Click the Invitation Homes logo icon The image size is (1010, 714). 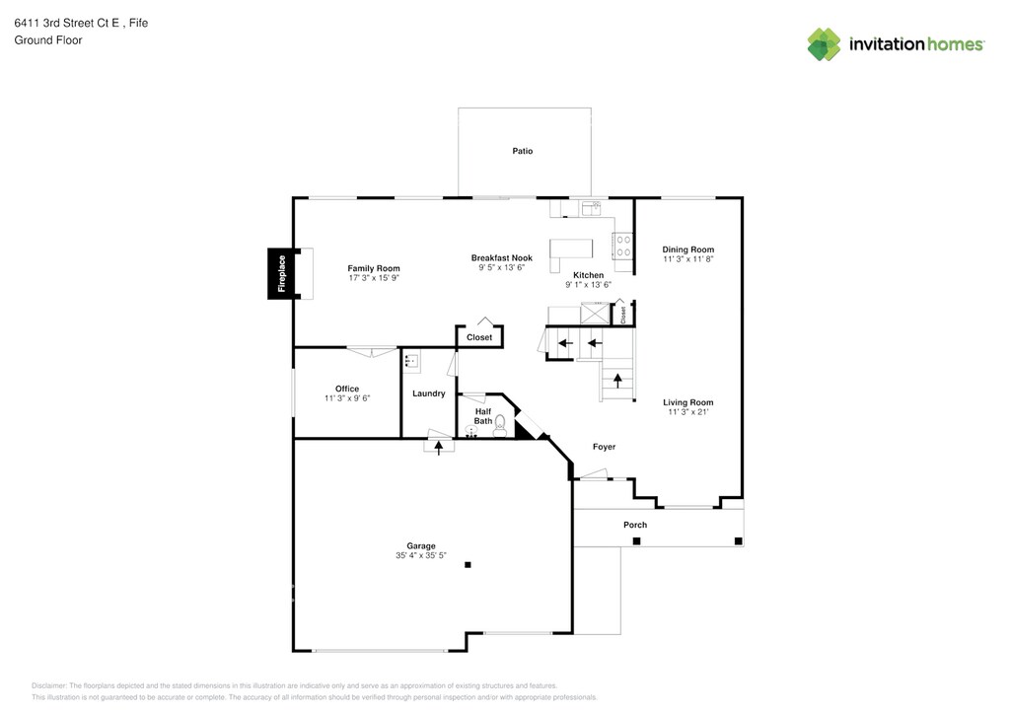point(824,43)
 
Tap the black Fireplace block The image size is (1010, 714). point(281,274)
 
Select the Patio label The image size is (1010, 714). point(522,151)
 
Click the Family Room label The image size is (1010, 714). point(374,268)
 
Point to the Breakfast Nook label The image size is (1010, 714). point(501,257)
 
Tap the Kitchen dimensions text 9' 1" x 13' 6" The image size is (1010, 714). point(588,285)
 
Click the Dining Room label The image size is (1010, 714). point(687,250)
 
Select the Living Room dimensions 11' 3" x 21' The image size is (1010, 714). point(687,412)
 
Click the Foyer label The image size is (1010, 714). point(604,447)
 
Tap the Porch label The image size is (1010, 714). point(635,525)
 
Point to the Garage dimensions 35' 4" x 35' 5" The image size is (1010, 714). point(421,556)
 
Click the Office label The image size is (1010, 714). point(346,389)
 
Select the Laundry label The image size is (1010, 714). point(429,393)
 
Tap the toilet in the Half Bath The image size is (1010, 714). point(500,427)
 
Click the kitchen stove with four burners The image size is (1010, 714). point(623,245)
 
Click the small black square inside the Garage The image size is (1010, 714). point(469,565)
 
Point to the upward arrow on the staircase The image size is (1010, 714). point(618,381)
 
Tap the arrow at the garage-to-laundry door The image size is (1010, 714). point(439,446)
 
